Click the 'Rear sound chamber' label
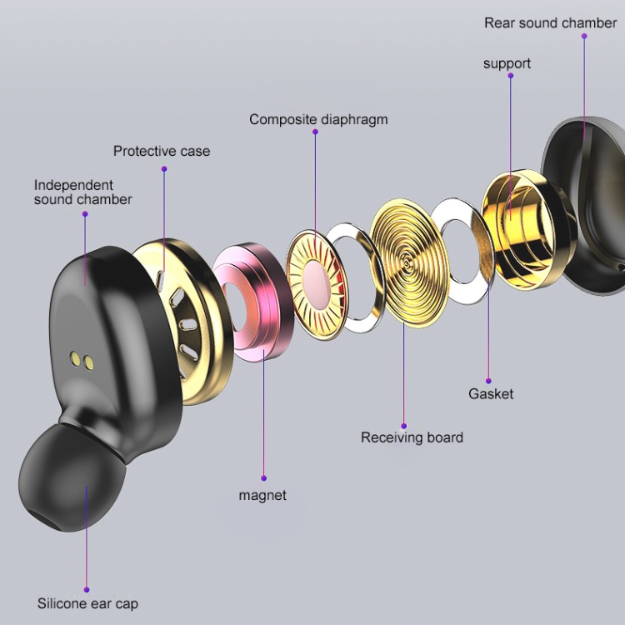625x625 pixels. click(x=550, y=22)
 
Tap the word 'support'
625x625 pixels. click(x=507, y=63)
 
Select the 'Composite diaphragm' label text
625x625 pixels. click(x=318, y=119)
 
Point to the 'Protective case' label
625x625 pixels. click(x=162, y=151)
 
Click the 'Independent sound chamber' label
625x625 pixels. click(x=82, y=192)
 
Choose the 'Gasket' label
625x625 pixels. click(x=491, y=393)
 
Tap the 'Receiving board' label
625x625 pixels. click(x=412, y=437)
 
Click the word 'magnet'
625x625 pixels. click(x=262, y=495)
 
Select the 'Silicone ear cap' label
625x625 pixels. click(x=87, y=603)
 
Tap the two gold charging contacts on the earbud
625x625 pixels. click(x=80, y=360)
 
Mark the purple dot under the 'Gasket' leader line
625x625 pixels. click(x=488, y=381)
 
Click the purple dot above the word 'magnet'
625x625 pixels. click(x=263, y=478)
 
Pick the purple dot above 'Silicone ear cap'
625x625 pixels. click(x=86, y=589)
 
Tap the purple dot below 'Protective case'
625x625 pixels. click(x=164, y=169)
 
